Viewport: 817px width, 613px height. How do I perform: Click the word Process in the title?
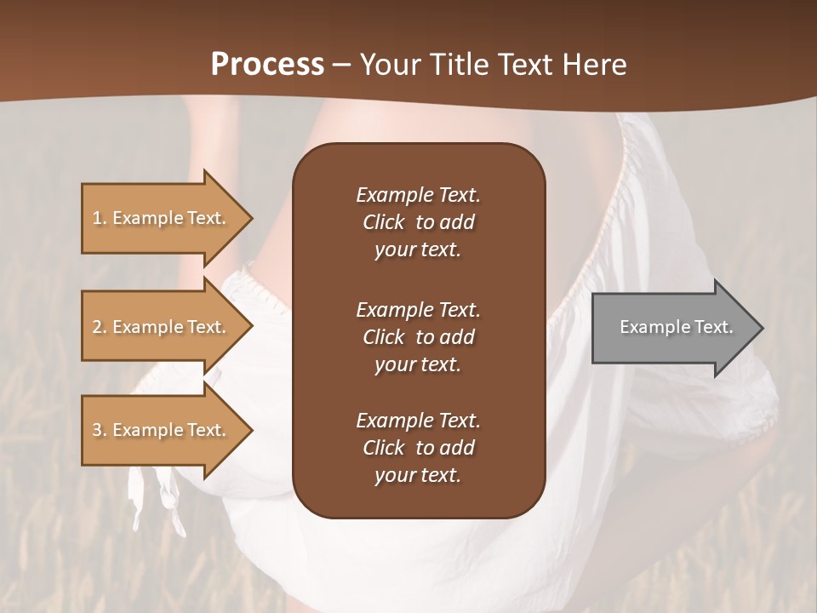tap(267, 65)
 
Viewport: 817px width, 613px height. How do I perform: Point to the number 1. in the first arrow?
tap(100, 218)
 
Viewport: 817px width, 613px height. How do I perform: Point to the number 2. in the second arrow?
tap(100, 327)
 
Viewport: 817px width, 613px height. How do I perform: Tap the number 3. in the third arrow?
tap(100, 430)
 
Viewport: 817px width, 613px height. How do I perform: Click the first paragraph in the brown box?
tap(418, 222)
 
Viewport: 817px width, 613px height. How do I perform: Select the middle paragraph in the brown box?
tap(418, 337)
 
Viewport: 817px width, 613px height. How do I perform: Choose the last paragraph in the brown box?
tap(418, 448)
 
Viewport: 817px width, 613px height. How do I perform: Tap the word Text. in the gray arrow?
tap(714, 327)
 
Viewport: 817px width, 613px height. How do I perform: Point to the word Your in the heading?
tap(388, 65)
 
